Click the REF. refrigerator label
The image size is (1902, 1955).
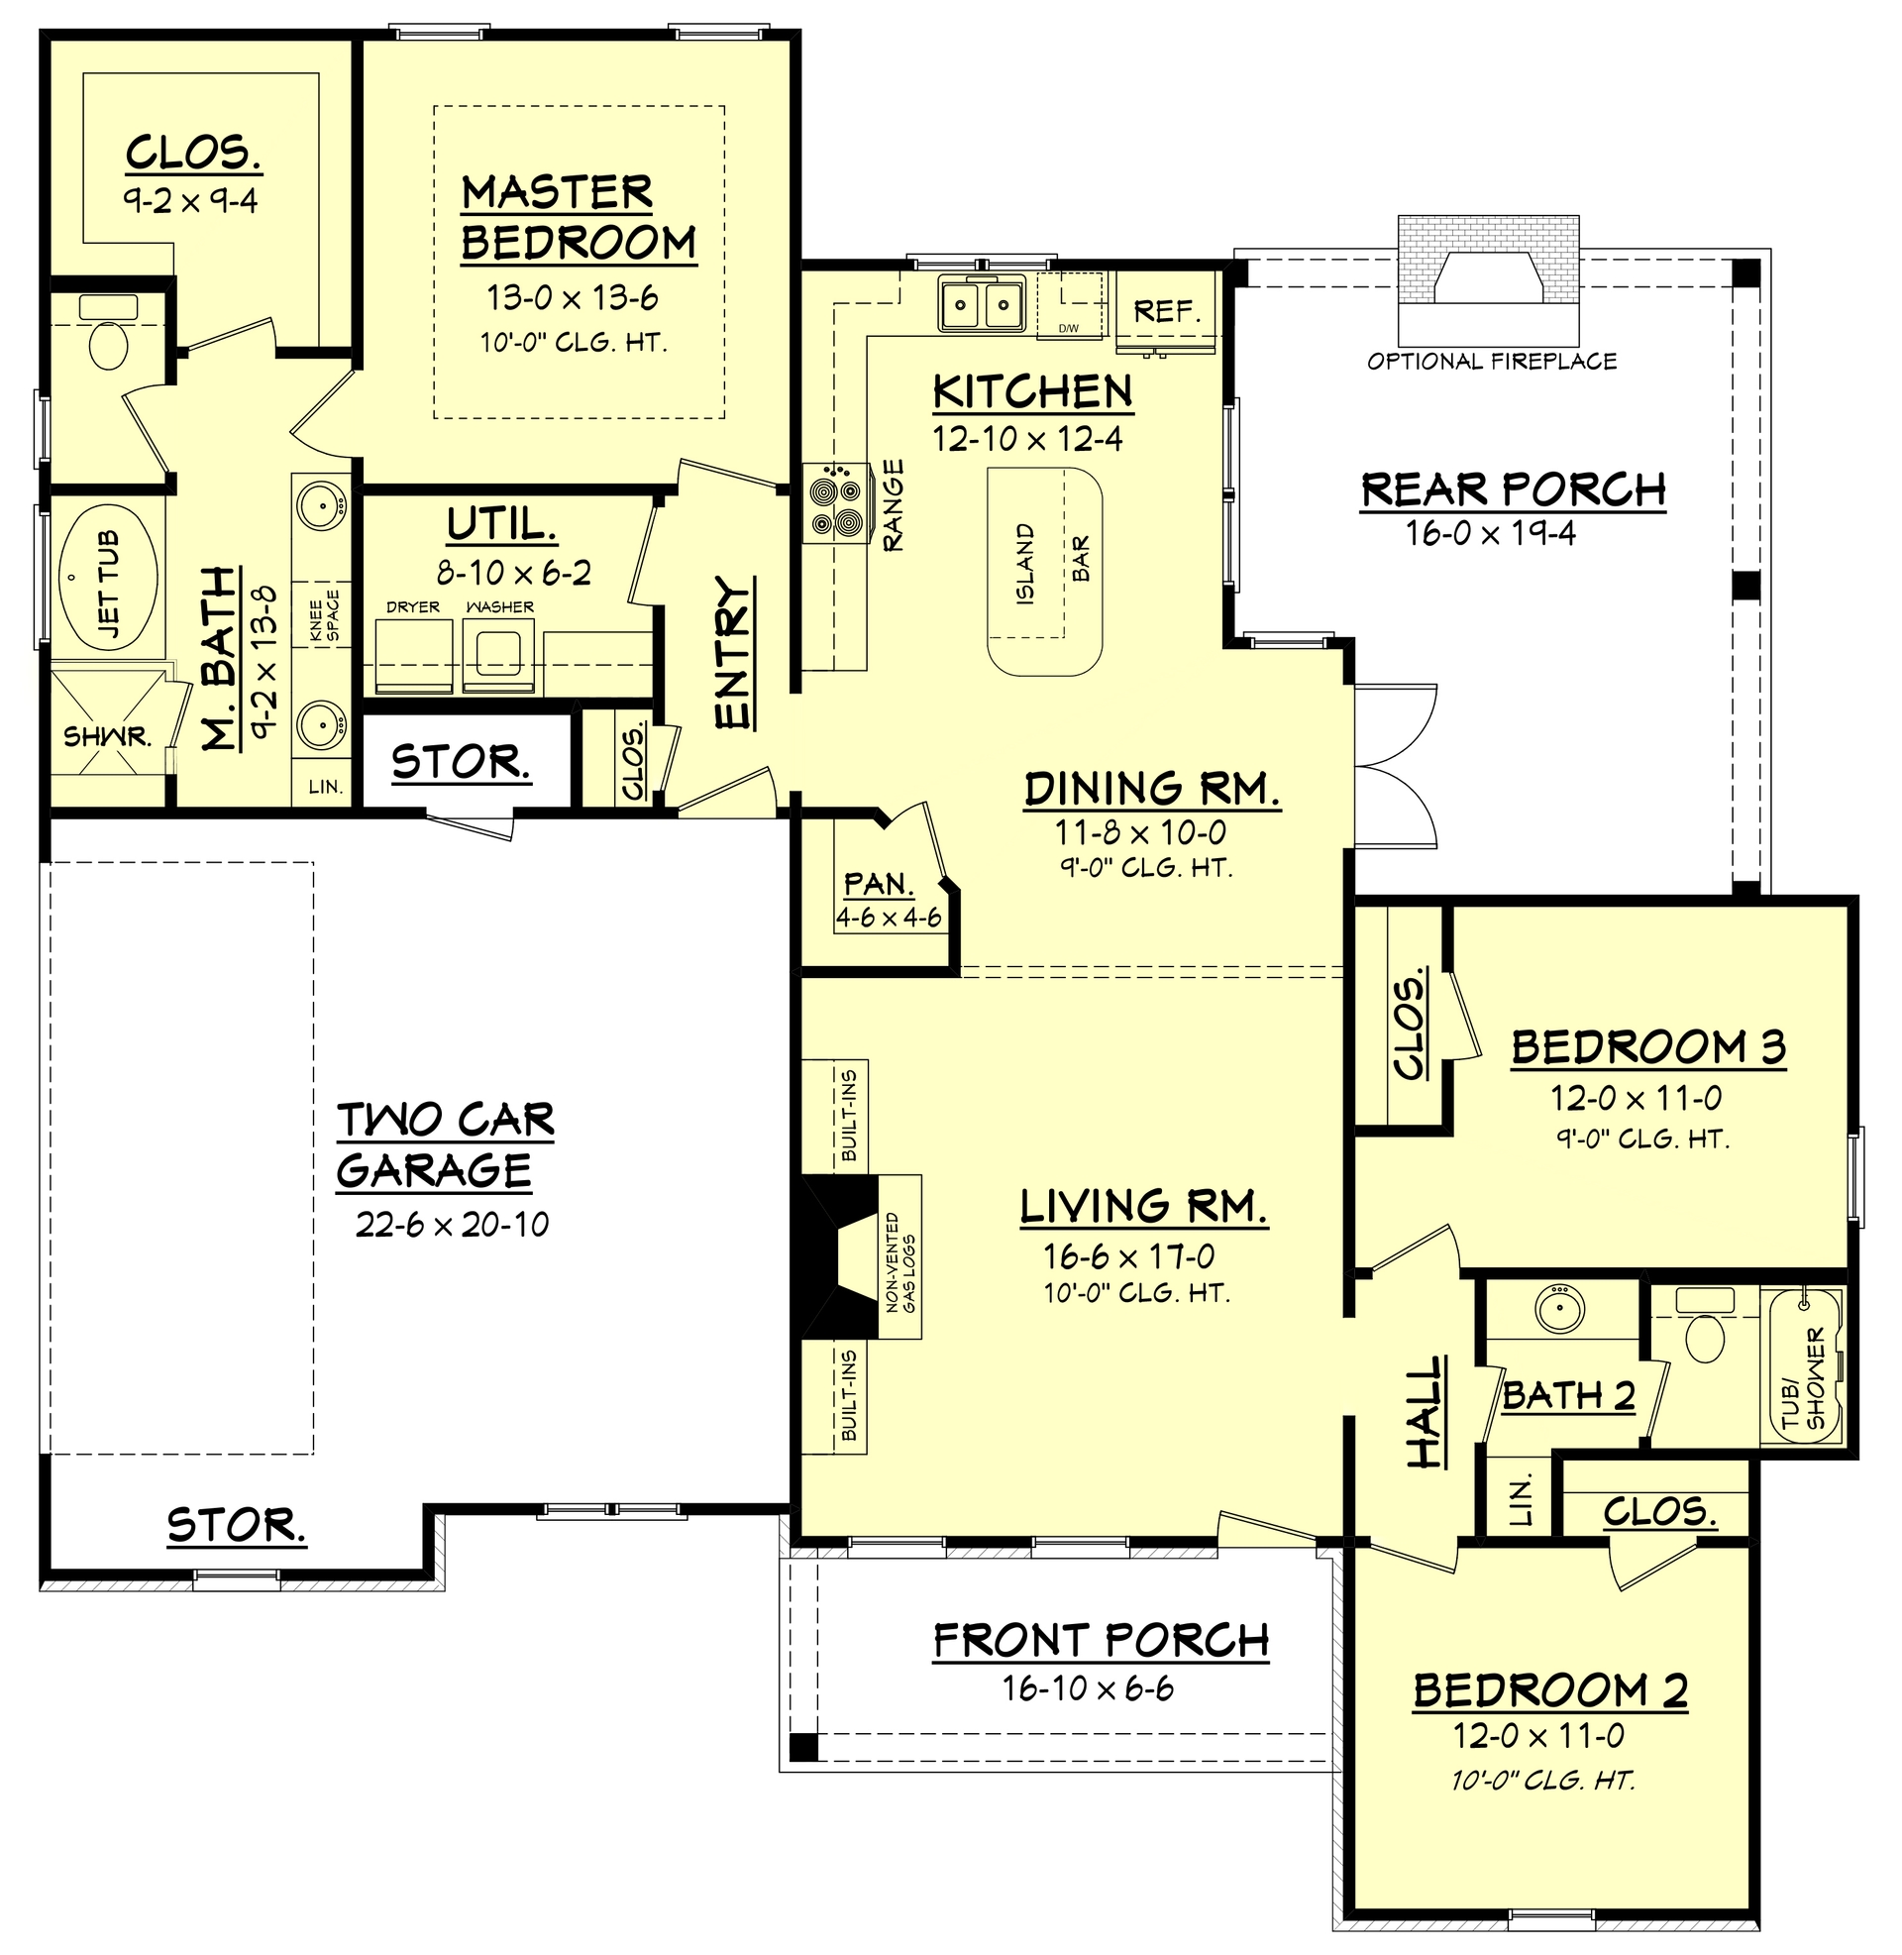click(x=1166, y=311)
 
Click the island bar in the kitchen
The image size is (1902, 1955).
click(x=1045, y=573)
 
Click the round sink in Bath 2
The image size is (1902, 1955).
click(x=1559, y=1308)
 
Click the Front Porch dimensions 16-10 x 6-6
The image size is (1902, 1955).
click(x=1088, y=1687)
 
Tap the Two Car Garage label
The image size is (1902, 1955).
click(x=445, y=1144)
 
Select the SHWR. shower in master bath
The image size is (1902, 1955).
click(x=107, y=737)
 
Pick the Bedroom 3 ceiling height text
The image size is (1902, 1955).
click(x=1643, y=1138)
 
